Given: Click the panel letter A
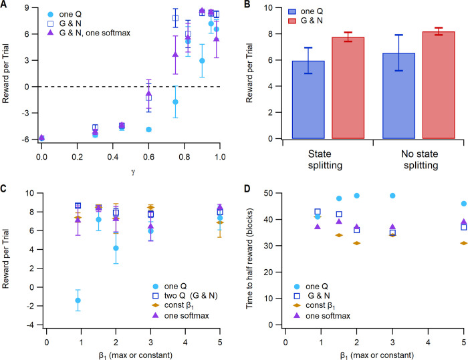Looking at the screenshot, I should click(x=5, y=5).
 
